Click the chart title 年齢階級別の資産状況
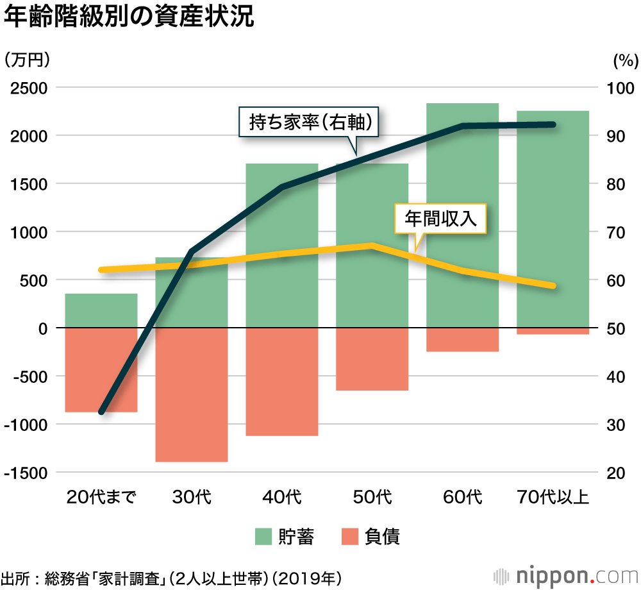point(129,19)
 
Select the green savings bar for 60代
point(462,192)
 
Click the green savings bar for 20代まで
point(101,310)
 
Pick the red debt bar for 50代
point(372,359)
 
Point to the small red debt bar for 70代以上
point(553,331)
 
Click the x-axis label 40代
point(281,497)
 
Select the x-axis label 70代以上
point(552,497)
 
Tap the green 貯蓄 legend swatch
point(263,536)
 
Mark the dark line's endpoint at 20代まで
point(102,411)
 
